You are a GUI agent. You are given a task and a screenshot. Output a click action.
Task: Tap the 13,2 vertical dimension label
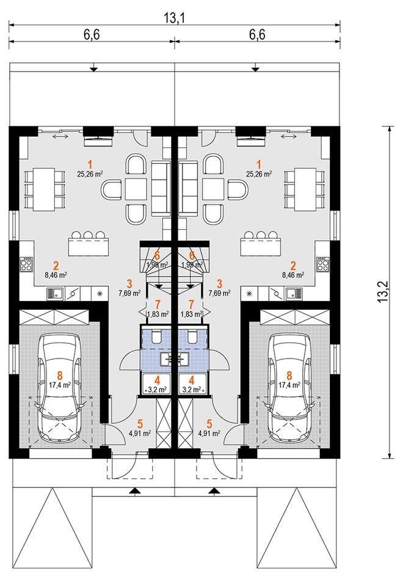click(x=383, y=292)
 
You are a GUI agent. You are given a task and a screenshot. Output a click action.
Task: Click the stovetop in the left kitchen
click(x=27, y=264)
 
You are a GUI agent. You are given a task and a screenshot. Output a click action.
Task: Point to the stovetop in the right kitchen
click(x=322, y=264)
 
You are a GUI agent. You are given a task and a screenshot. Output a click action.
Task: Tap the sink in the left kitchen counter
click(x=56, y=294)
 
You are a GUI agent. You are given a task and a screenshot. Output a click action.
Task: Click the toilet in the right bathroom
click(x=192, y=336)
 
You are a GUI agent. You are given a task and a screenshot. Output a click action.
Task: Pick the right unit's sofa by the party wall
click(x=189, y=188)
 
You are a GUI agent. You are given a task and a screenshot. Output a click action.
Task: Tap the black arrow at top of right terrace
click(x=255, y=68)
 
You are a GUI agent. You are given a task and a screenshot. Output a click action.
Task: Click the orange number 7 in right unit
click(x=191, y=305)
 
